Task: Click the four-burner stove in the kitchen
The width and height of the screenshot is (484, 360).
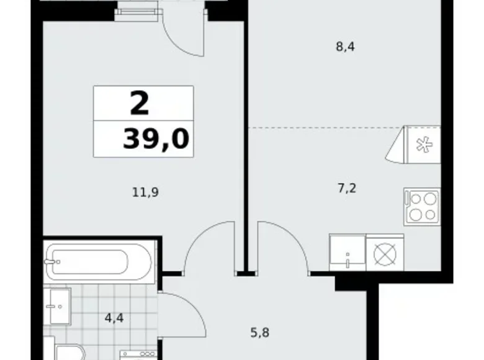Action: coord(421,207)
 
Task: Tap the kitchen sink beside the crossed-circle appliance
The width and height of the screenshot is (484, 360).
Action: coord(347,253)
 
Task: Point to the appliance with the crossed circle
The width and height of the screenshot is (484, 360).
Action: coord(385,253)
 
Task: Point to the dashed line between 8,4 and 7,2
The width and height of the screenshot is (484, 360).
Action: coord(323,128)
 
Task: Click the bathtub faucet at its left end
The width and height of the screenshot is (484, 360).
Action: coord(53,261)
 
